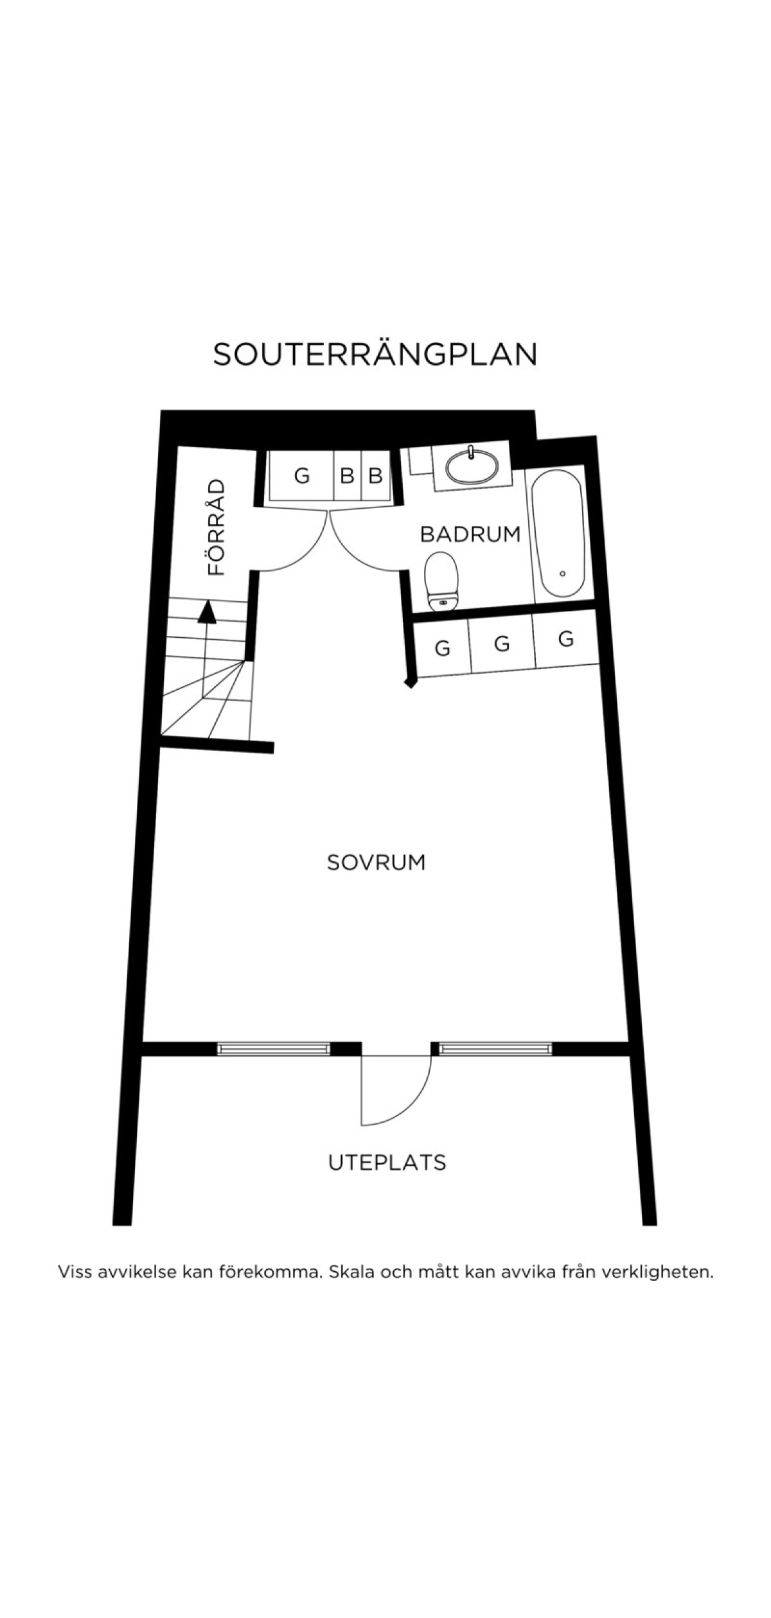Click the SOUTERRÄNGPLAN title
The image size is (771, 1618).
[375, 354]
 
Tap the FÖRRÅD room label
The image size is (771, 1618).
[217, 527]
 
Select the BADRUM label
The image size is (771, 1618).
[470, 534]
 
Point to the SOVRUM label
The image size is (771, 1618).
[376, 862]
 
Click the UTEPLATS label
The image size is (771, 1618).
[387, 1162]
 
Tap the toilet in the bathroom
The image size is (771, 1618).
[442, 581]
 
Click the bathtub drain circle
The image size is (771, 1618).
[563, 574]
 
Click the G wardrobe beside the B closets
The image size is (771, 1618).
[301, 475]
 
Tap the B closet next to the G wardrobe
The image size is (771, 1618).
[348, 475]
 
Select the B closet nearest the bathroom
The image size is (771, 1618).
[376, 475]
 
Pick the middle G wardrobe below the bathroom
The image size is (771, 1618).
[502, 643]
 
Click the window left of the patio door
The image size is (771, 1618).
[274, 1049]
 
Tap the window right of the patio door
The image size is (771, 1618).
[495, 1049]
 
